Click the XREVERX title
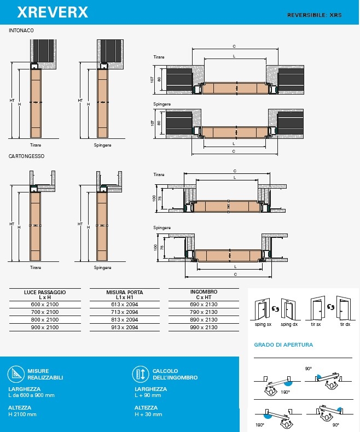53,12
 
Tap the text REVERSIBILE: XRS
314,15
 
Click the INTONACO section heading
21,31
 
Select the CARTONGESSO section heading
26,156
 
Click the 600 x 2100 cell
45,305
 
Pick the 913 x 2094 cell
125,328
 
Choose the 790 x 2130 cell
204,312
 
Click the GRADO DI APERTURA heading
283,345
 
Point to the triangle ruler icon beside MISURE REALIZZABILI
16,374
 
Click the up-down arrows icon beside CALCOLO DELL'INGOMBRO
141,374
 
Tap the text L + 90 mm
148,395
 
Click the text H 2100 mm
22,414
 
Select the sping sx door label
263,324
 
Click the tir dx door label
345,324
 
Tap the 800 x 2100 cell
45,319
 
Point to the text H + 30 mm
148,414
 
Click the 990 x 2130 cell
204,328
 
